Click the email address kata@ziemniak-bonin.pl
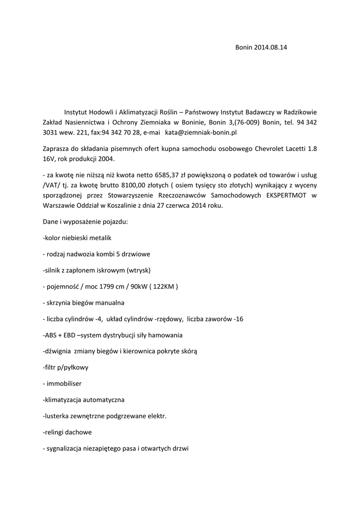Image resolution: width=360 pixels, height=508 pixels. [x=201, y=133]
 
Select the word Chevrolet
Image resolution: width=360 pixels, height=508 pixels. [x=273, y=148]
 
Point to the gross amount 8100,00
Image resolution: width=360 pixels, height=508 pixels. [x=119, y=185]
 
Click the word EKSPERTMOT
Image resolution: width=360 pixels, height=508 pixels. [x=284, y=195]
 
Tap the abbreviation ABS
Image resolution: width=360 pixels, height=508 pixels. [x=51, y=335]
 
